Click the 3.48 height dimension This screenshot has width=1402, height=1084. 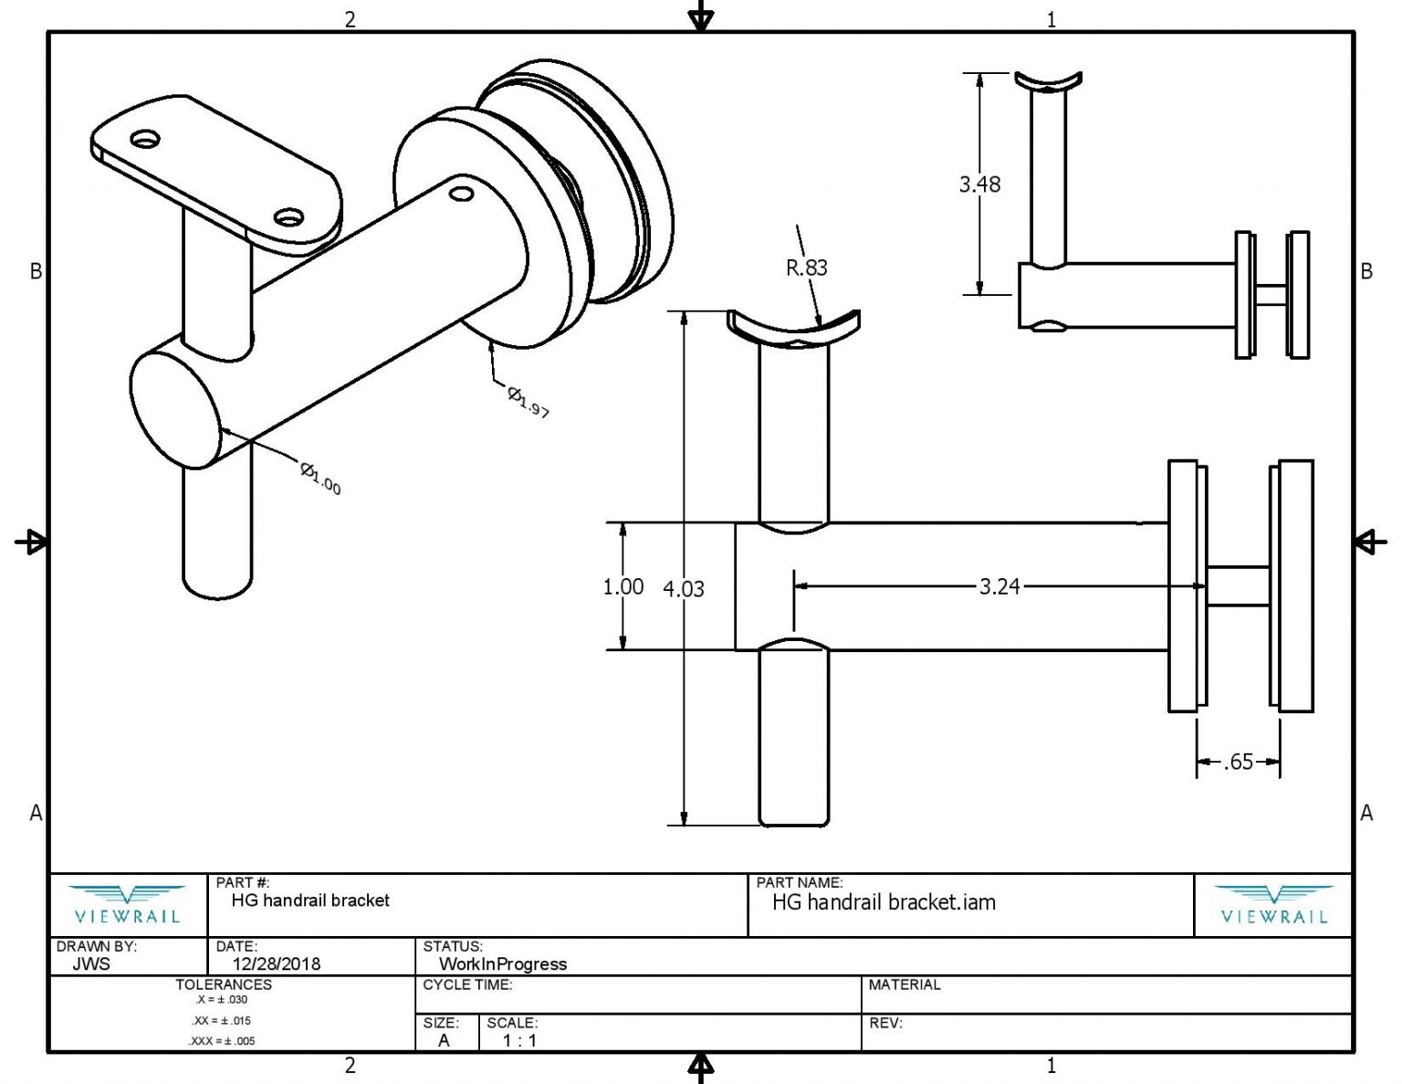point(978,184)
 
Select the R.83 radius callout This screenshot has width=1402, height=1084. point(806,268)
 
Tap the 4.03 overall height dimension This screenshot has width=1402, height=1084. point(683,589)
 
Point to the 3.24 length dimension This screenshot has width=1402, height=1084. point(999,586)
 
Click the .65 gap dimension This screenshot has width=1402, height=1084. point(1238,762)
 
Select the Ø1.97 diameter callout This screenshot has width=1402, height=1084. point(528,402)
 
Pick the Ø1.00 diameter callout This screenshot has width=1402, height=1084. point(320,478)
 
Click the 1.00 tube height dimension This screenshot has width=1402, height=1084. point(623,586)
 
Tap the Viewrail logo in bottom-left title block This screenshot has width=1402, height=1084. point(127,905)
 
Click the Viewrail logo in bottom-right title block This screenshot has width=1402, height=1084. point(1273,905)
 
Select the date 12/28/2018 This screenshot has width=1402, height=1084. point(276,963)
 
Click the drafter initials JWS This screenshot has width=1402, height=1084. point(90,963)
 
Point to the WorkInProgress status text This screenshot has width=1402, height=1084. point(502,963)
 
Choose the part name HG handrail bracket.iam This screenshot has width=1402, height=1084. point(883,902)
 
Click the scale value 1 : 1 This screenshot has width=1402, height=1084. point(518,1040)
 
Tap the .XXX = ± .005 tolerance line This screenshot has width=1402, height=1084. point(222,1041)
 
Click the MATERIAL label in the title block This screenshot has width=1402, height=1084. point(904,984)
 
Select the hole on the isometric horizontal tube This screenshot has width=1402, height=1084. point(461,194)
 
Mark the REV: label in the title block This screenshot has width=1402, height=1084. point(884,1023)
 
